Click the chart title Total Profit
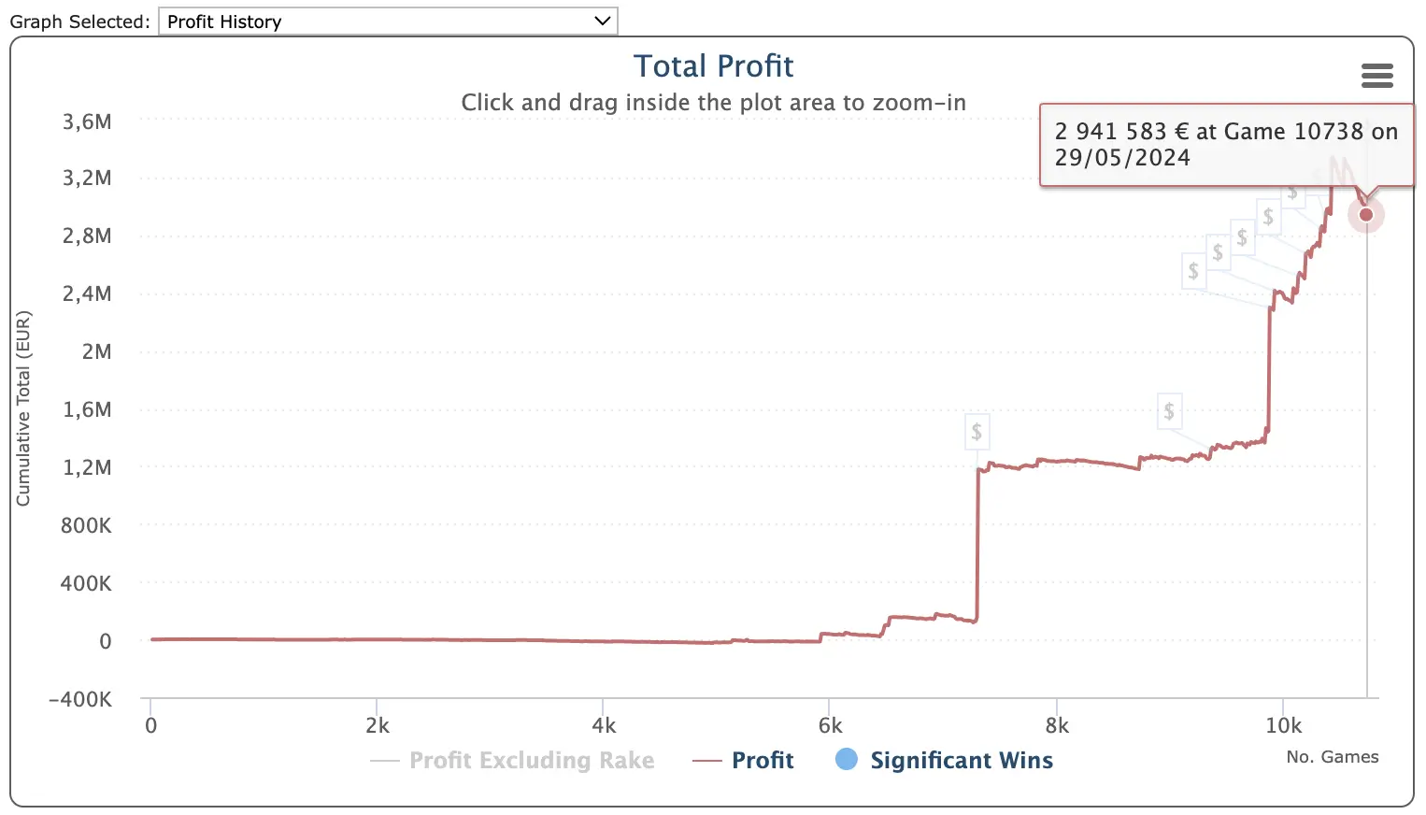(713, 66)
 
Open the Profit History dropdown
(388, 21)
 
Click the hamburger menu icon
(1376, 76)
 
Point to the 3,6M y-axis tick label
(87, 122)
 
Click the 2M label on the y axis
(96, 351)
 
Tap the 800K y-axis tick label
(86, 525)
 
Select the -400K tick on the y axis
(80, 699)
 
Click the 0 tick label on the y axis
(106, 641)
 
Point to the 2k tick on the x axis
(378, 726)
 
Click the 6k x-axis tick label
(830, 726)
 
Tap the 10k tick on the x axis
(1283, 726)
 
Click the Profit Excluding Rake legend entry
(531, 761)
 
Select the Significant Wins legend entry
(961, 761)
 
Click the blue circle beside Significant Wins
(847, 760)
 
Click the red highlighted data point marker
(1366, 215)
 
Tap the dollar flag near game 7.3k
(977, 431)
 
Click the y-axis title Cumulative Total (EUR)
(23, 408)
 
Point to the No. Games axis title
(1332, 757)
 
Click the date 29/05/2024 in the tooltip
(1122, 158)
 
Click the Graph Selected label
(79, 21)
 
